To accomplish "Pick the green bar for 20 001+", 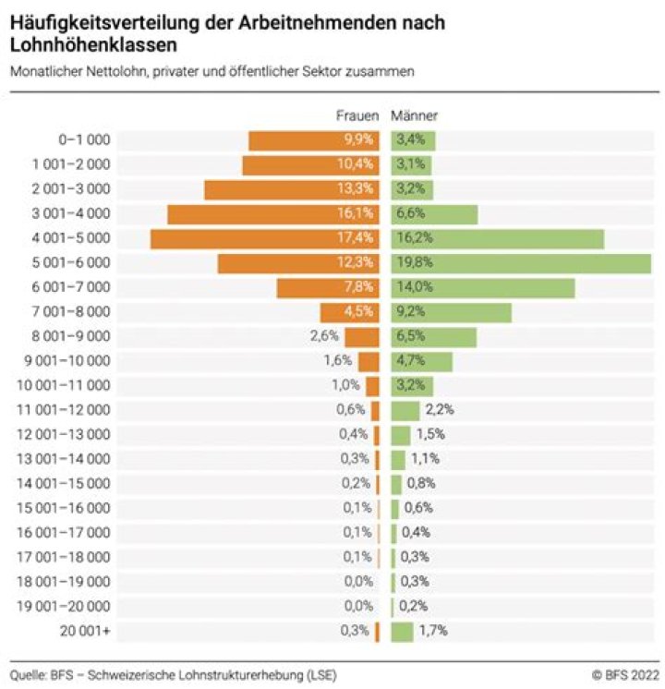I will tap(402, 632).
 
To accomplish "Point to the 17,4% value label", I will tap(357, 238).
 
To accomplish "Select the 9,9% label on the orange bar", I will tap(358, 140).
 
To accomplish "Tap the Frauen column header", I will tap(357, 116).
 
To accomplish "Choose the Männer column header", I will tap(415, 116).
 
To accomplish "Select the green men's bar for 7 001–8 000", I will tap(452, 312).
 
